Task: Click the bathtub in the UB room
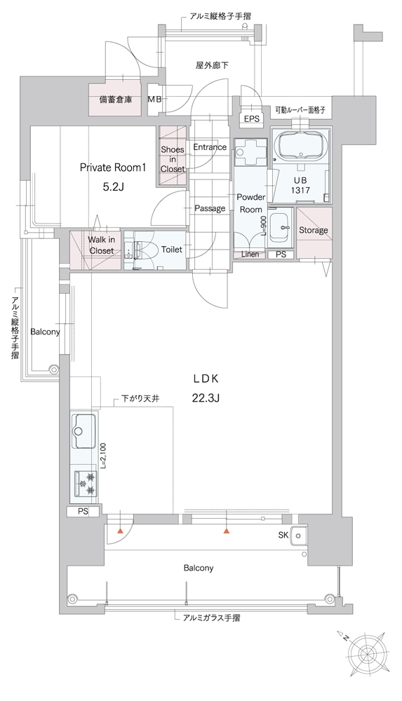[301, 147]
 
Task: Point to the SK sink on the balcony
[297, 535]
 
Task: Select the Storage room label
[314, 230]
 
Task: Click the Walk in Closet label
[101, 245]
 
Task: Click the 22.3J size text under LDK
[206, 397]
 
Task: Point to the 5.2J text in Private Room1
[113, 187]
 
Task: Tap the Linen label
[250, 254]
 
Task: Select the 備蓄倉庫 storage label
[116, 100]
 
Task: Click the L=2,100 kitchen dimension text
[104, 455]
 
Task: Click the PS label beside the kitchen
[83, 512]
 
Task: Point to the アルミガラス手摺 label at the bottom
[211, 618]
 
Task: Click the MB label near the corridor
[155, 100]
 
